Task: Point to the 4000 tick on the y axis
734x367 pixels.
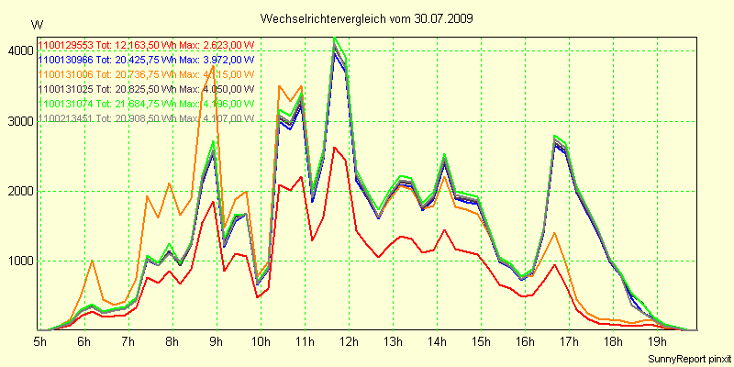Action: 19,51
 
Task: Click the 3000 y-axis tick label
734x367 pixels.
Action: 19,121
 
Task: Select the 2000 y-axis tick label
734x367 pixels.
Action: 19,191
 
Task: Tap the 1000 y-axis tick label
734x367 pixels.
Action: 19,261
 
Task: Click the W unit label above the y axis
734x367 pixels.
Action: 36,25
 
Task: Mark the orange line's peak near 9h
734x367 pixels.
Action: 214,65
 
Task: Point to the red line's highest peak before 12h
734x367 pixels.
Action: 335,147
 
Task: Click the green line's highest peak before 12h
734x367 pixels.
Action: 335,38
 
